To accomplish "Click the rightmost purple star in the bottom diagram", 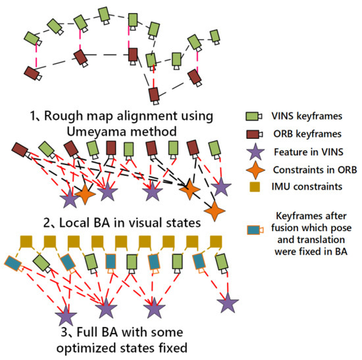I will pos(228,303).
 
